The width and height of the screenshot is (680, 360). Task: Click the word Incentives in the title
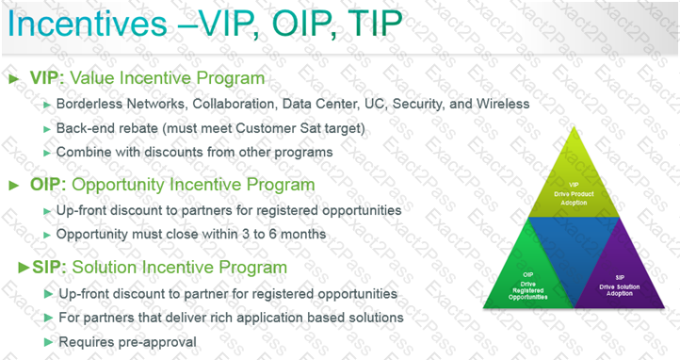point(88,24)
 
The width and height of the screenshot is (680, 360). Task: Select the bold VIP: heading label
point(47,78)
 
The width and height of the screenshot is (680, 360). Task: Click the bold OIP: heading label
point(48,185)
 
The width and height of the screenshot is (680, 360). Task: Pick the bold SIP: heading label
point(49,268)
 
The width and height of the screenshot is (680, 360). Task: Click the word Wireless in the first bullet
point(503,104)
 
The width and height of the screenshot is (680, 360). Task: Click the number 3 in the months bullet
point(246,235)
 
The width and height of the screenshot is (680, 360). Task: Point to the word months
point(303,235)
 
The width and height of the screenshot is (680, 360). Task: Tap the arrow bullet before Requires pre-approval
point(49,342)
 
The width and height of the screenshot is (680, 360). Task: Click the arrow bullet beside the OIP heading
point(14,186)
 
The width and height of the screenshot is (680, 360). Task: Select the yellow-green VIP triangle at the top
point(574,182)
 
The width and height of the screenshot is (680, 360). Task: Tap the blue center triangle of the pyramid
point(574,243)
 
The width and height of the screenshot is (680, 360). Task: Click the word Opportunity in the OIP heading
point(118,186)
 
